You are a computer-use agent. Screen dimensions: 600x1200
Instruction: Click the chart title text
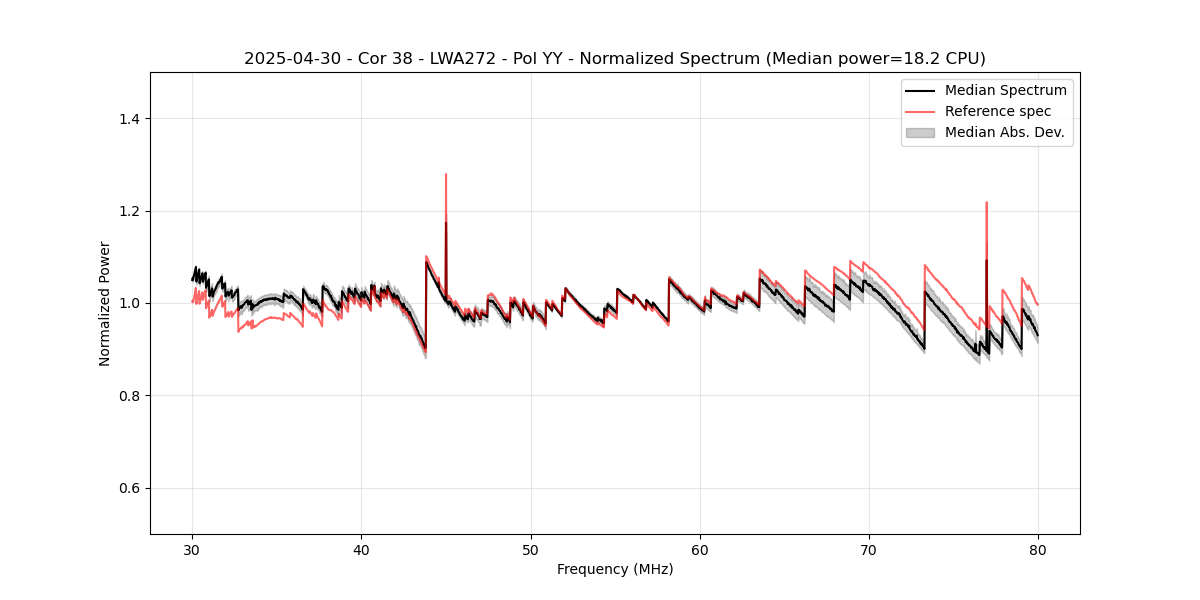(x=614, y=59)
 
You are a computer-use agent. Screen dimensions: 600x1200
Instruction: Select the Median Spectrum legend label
(x=1005, y=90)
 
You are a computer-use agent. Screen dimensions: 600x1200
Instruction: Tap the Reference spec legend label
(x=997, y=111)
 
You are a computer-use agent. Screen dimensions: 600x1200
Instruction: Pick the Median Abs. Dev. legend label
(x=1004, y=132)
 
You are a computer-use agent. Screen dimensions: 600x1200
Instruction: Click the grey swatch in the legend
(x=920, y=132)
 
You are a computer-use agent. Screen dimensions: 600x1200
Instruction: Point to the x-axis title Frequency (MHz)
(x=615, y=569)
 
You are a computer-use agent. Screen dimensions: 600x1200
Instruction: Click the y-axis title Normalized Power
(x=105, y=303)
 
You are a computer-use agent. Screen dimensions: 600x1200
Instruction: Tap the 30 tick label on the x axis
(x=193, y=549)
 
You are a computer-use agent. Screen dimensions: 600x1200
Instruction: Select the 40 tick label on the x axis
(x=362, y=549)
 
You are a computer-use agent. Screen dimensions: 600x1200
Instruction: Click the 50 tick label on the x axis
(x=531, y=549)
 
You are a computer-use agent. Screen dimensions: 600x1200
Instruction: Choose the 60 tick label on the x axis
(x=700, y=549)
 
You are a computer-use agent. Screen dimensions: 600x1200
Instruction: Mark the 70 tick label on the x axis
(x=869, y=549)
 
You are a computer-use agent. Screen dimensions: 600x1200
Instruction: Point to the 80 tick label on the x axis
(x=1038, y=549)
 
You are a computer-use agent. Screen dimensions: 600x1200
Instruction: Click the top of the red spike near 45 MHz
(x=446, y=175)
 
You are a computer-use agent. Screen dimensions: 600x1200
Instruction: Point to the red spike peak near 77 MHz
(x=986, y=203)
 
